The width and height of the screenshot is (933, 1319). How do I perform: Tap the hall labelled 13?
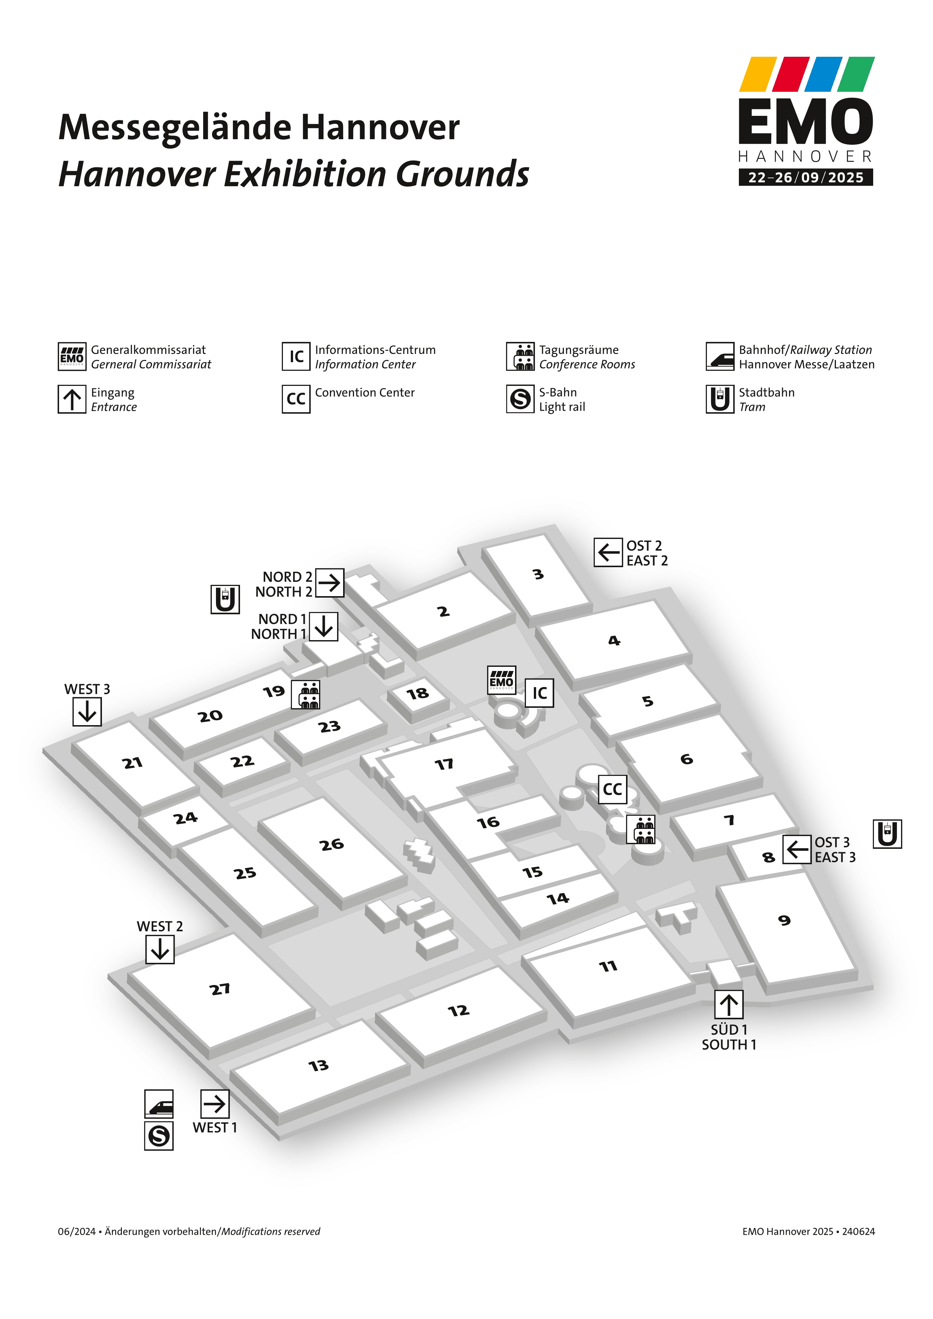click(318, 1066)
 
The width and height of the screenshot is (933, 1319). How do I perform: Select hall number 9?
click(784, 920)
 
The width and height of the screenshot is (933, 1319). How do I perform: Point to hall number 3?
click(538, 574)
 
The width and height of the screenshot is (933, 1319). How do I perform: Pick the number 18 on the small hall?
click(418, 694)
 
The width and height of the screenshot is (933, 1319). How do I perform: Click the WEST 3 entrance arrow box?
click(87, 712)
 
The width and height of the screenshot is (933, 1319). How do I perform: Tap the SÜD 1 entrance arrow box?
click(728, 1005)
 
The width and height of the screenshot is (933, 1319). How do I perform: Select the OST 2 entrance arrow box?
click(608, 552)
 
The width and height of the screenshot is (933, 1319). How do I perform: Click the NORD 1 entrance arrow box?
click(324, 626)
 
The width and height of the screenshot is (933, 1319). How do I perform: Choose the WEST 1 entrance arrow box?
click(215, 1104)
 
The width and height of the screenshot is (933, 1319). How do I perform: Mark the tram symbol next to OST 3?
click(887, 834)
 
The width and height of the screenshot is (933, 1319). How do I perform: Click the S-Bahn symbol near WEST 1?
click(159, 1136)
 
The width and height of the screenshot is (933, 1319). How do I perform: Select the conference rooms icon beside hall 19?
click(305, 695)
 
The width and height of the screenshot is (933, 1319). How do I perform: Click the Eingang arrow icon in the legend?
click(72, 399)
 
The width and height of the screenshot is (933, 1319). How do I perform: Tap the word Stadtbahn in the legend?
click(766, 392)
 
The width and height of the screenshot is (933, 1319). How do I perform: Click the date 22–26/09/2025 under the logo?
click(805, 178)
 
